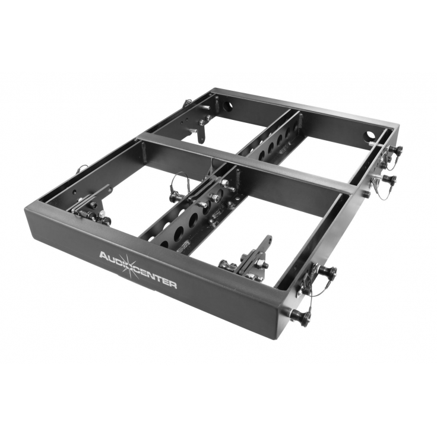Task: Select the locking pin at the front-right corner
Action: pyautogui.click(x=300, y=316)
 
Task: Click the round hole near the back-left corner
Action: pyautogui.click(x=228, y=107)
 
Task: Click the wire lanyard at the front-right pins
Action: pyautogui.click(x=309, y=286)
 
